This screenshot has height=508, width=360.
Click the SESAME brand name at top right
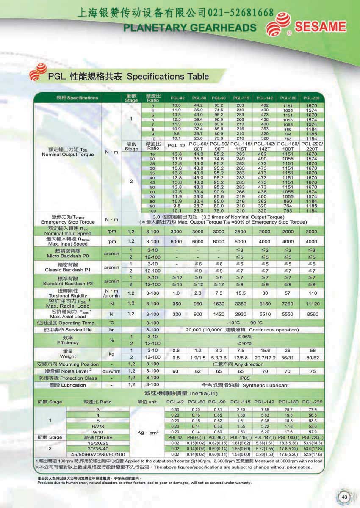[321, 26]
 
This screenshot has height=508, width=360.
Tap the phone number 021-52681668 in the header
[241, 13]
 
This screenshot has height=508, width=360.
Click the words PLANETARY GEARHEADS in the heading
[189, 28]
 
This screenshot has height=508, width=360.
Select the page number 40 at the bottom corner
[344, 497]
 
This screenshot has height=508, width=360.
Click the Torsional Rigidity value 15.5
[240, 293]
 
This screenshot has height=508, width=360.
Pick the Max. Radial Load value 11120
[311, 304]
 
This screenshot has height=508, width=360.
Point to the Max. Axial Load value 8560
[311, 314]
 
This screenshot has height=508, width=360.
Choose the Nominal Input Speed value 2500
[240, 232]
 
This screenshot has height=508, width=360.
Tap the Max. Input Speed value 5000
[240, 241]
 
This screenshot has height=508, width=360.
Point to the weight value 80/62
[312, 358]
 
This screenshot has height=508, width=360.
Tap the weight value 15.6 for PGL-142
[265, 351]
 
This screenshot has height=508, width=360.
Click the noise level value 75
[312, 371]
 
